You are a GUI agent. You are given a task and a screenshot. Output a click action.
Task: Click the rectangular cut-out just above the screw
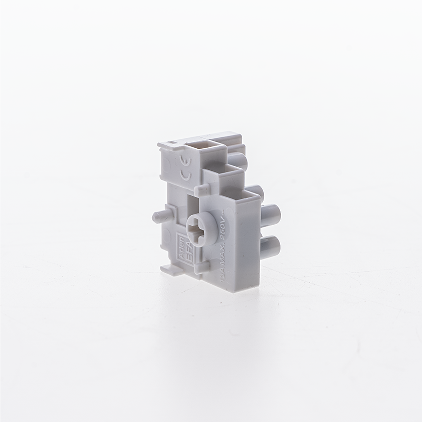193,204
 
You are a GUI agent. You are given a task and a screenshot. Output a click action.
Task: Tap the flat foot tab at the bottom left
169,270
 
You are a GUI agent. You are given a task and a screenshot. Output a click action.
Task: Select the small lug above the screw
201,188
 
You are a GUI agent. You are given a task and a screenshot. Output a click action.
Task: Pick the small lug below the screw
200,268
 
